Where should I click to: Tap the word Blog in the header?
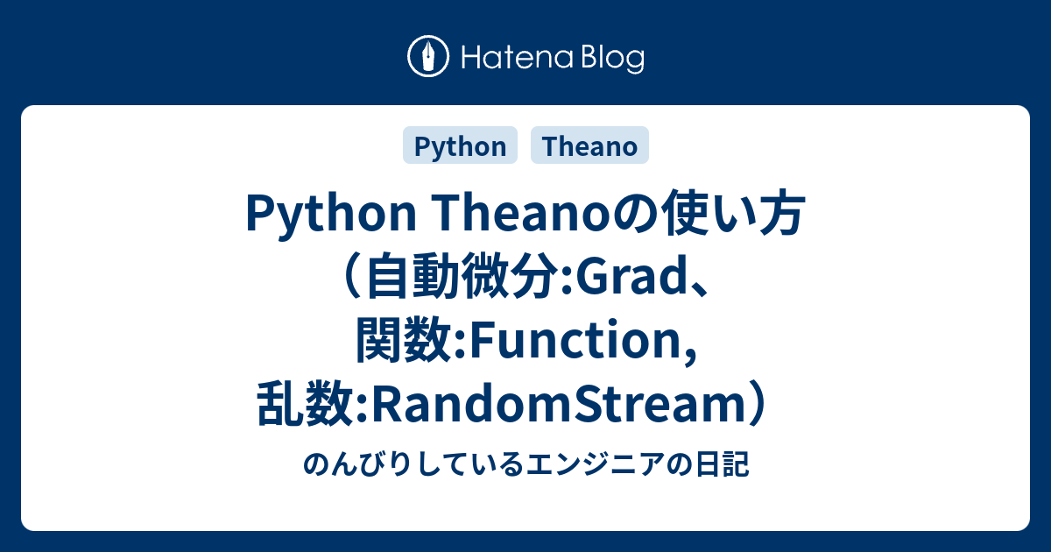[610, 59]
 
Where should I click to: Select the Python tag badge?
[460, 146]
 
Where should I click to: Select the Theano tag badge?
[589, 146]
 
